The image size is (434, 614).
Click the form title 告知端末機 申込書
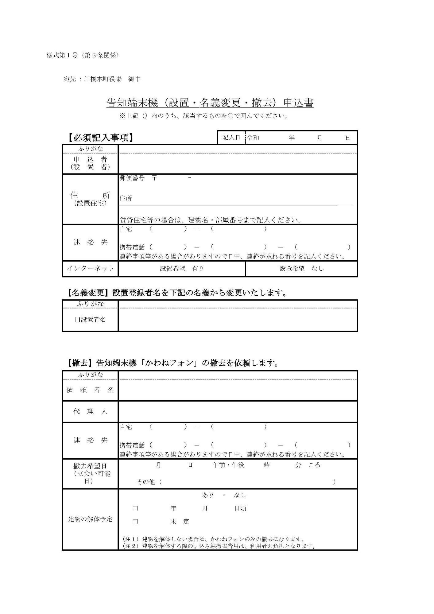(x=210, y=103)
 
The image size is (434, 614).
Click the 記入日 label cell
(x=231, y=138)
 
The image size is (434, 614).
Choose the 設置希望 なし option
(x=301, y=269)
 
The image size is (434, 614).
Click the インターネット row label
(x=90, y=269)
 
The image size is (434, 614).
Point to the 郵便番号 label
(x=132, y=178)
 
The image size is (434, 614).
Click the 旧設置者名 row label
(x=90, y=320)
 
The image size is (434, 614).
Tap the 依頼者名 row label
(x=90, y=390)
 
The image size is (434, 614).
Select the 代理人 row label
(x=90, y=411)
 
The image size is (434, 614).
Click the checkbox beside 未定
(x=135, y=522)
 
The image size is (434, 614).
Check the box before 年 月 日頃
(x=135, y=508)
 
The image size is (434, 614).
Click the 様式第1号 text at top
(x=82, y=56)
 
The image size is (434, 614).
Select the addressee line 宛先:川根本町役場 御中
(x=102, y=79)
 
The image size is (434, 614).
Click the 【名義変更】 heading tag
(x=88, y=293)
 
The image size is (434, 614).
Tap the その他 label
(x=146, y=482)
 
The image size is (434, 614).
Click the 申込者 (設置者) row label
(x=90, y=163)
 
